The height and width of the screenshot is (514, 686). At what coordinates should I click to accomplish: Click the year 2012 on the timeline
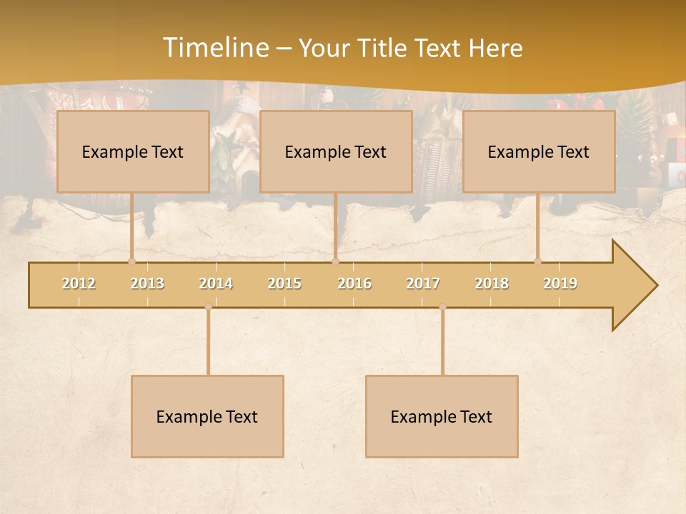point(79,283)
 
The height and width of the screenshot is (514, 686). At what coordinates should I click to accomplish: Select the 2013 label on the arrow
point(147,283)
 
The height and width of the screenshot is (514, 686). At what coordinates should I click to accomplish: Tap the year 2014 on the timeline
point(216,283)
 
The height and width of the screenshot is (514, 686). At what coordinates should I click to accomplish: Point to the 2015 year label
point(284,283)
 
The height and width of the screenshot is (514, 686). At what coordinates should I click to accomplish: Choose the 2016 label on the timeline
point(354,283)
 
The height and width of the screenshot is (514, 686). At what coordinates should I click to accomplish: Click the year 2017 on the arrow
point(423,283)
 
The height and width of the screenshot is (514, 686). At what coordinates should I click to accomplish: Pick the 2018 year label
point(492,283)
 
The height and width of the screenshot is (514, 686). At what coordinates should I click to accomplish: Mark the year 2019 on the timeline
point(560,283)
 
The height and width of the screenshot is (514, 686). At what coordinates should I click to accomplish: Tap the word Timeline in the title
point(214,48)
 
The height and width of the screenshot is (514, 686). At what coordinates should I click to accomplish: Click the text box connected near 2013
point(133,151)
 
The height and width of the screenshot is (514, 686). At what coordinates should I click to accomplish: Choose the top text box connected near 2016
point(336,151)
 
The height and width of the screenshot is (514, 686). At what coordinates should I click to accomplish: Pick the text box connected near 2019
point(539,151)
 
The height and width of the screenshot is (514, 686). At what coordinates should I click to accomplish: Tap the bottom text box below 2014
point(207,416)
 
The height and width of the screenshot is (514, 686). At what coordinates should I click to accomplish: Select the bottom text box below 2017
point(442,416)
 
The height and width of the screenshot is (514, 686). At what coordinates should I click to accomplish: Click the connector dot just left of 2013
point(131,261)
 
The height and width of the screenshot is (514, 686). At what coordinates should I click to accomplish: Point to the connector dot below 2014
point(208,307)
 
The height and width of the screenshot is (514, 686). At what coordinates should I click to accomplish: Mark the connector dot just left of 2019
point(537,261)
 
